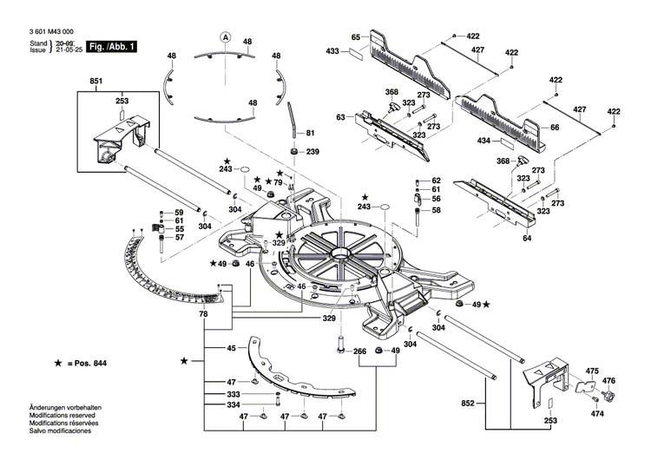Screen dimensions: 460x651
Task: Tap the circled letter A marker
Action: tap(225, 37)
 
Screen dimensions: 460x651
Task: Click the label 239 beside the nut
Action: tap(312, 152)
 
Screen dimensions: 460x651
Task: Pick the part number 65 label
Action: tap(355, 37)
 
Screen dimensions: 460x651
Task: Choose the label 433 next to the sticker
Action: tap(332, 53)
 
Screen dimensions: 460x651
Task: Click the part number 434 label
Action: tap(484, 140)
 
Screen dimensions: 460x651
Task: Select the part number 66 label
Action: tap(556, 128)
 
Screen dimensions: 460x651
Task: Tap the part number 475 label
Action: tap(593, 371)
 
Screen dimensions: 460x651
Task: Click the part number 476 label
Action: tap(608, 381)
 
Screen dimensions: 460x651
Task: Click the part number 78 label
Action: tap(202, 312)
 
